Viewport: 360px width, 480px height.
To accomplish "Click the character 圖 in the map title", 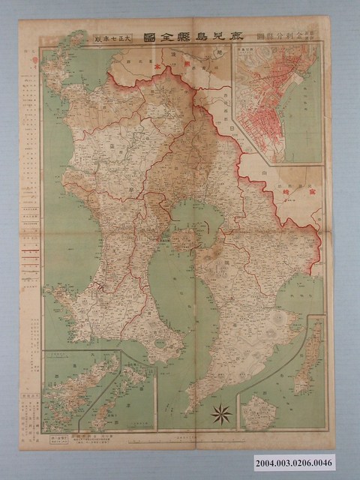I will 147,37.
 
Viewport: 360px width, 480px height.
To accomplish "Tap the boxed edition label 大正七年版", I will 113,37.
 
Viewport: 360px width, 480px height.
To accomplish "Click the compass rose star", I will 221,412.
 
